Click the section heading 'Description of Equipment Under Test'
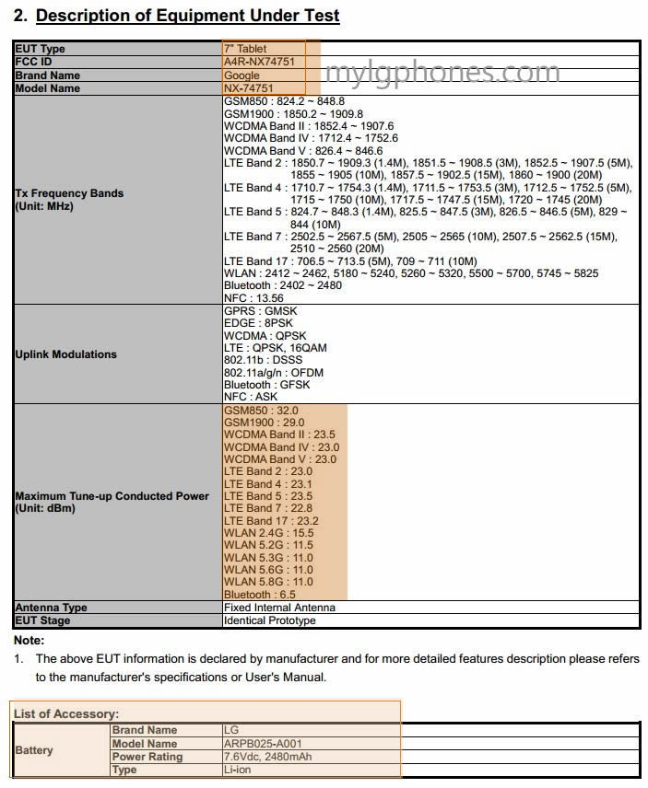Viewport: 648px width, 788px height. [x=187, y=16]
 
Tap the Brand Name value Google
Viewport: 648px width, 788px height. [x=242, y=75]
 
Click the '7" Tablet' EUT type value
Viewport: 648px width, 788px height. [x=245, y=49]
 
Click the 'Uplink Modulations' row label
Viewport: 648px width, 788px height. [x=66, y=354]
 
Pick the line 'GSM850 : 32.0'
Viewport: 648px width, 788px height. [x=261, y=411]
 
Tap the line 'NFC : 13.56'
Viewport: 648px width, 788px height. [x=253, y=298]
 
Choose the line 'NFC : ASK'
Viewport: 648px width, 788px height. [x=251, y=397]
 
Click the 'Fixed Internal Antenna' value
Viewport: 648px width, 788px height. [x=279, y=608]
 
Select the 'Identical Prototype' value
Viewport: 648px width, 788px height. [x=269, y=620]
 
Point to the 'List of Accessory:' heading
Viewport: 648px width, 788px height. [x=66, y=713]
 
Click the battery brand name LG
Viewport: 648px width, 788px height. [x=231, y=730]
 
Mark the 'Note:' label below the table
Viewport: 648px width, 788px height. [x=29, y=640]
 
